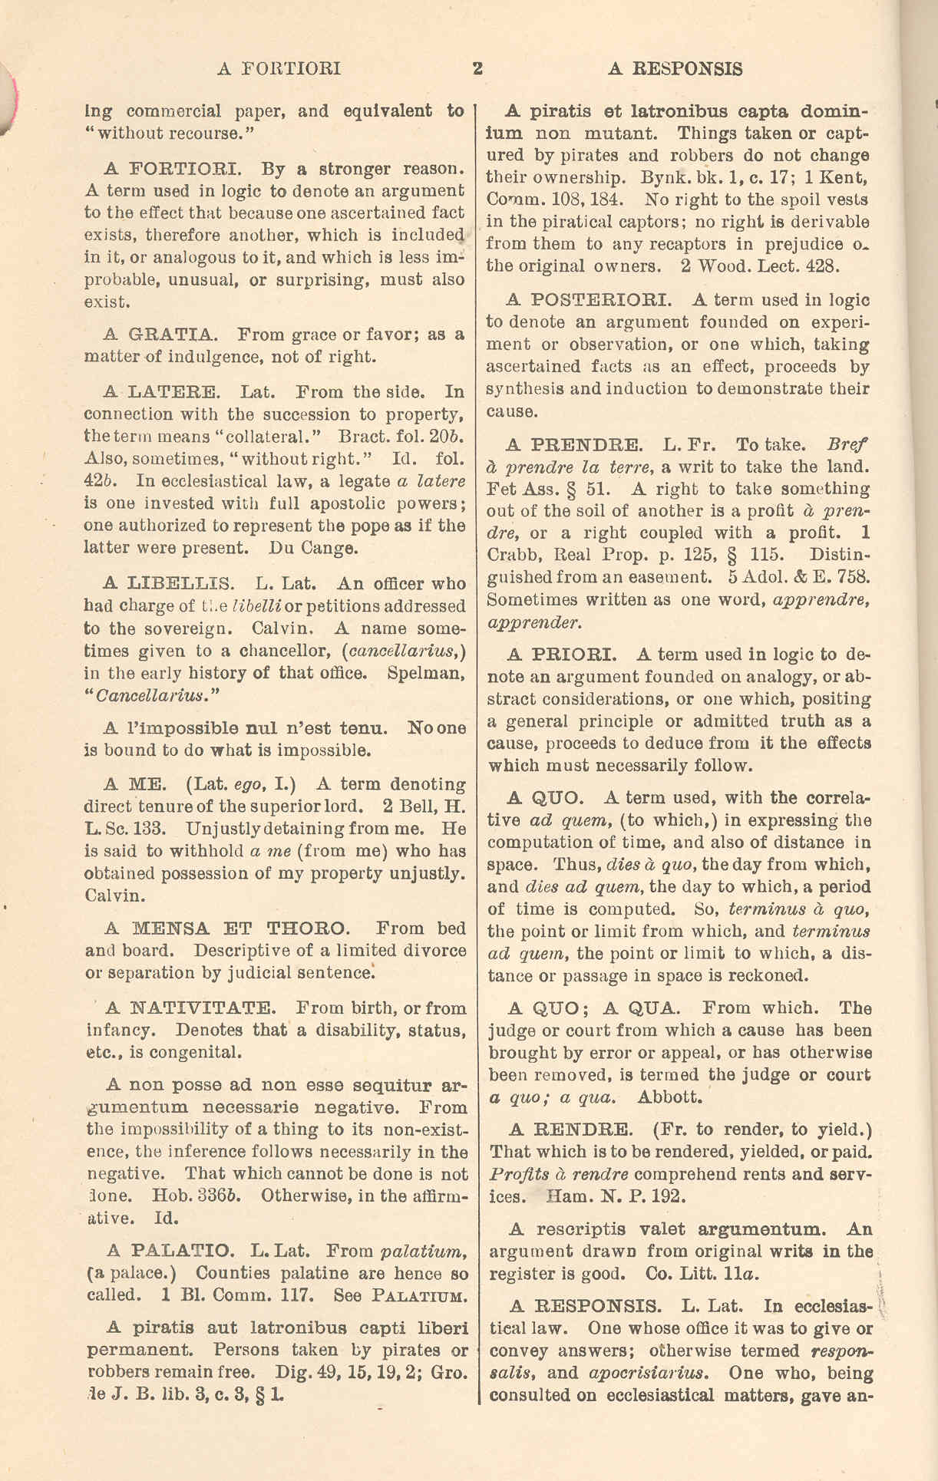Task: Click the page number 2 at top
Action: (477, 69)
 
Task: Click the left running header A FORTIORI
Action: (279, 69)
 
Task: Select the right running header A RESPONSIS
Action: (675, 69)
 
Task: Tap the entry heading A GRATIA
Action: (160, 335)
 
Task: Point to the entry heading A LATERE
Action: (162, 392)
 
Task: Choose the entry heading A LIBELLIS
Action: (169, 584)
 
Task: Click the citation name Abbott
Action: (669, 1097)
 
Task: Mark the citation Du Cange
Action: (313, 549)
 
